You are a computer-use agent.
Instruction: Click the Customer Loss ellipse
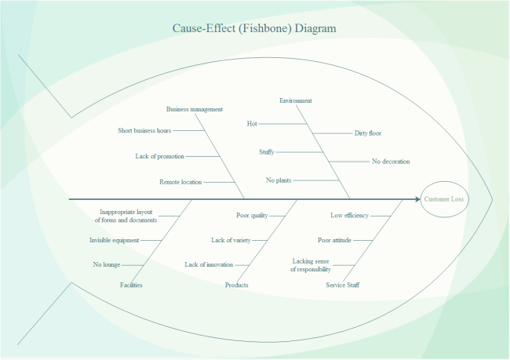pyautogui.click(x=444, y=199)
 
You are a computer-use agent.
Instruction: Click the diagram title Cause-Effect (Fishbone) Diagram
pyautogui.click(x=254, y=29)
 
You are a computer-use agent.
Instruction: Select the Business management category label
pyautogui.click(x=195, y=109)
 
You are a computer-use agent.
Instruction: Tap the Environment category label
pyautogui.click(x=296, y=100)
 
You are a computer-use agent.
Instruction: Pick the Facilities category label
pyautogui.click(x=131, y=285)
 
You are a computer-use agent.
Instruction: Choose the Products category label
pyautogui.click(x=236, y=285)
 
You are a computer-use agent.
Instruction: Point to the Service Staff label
pyautogui.click(x=343, y=285)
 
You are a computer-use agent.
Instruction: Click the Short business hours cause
pyautogui.click(x=144, y=130)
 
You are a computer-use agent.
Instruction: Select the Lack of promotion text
pyautogui.click(x=160, y=156)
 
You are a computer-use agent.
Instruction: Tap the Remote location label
pyautogui.click(x=180, y=181)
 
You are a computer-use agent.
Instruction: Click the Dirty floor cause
pyautogui.click(x=368, y=133)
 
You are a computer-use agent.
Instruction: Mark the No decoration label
pyautogui.click(x=391, y=162)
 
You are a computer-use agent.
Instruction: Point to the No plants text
pyautogui.click(x=279, y=180)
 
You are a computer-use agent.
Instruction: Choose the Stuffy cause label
pyautogui.click(x=267, y=151)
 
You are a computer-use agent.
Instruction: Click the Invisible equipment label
pyautogui.click(x=115, y=240)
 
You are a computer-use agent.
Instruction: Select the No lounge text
pyautogui.click(x=106, y=264)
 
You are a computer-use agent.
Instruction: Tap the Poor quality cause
pyautogui.click(x=252, y=215)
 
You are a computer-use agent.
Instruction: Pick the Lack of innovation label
pyautogui.click(x=209, y=264)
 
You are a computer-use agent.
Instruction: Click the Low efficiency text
pyautogui.click(x=349, y=215)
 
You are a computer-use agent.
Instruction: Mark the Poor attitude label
pyautogui.click(x=334, y=240)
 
